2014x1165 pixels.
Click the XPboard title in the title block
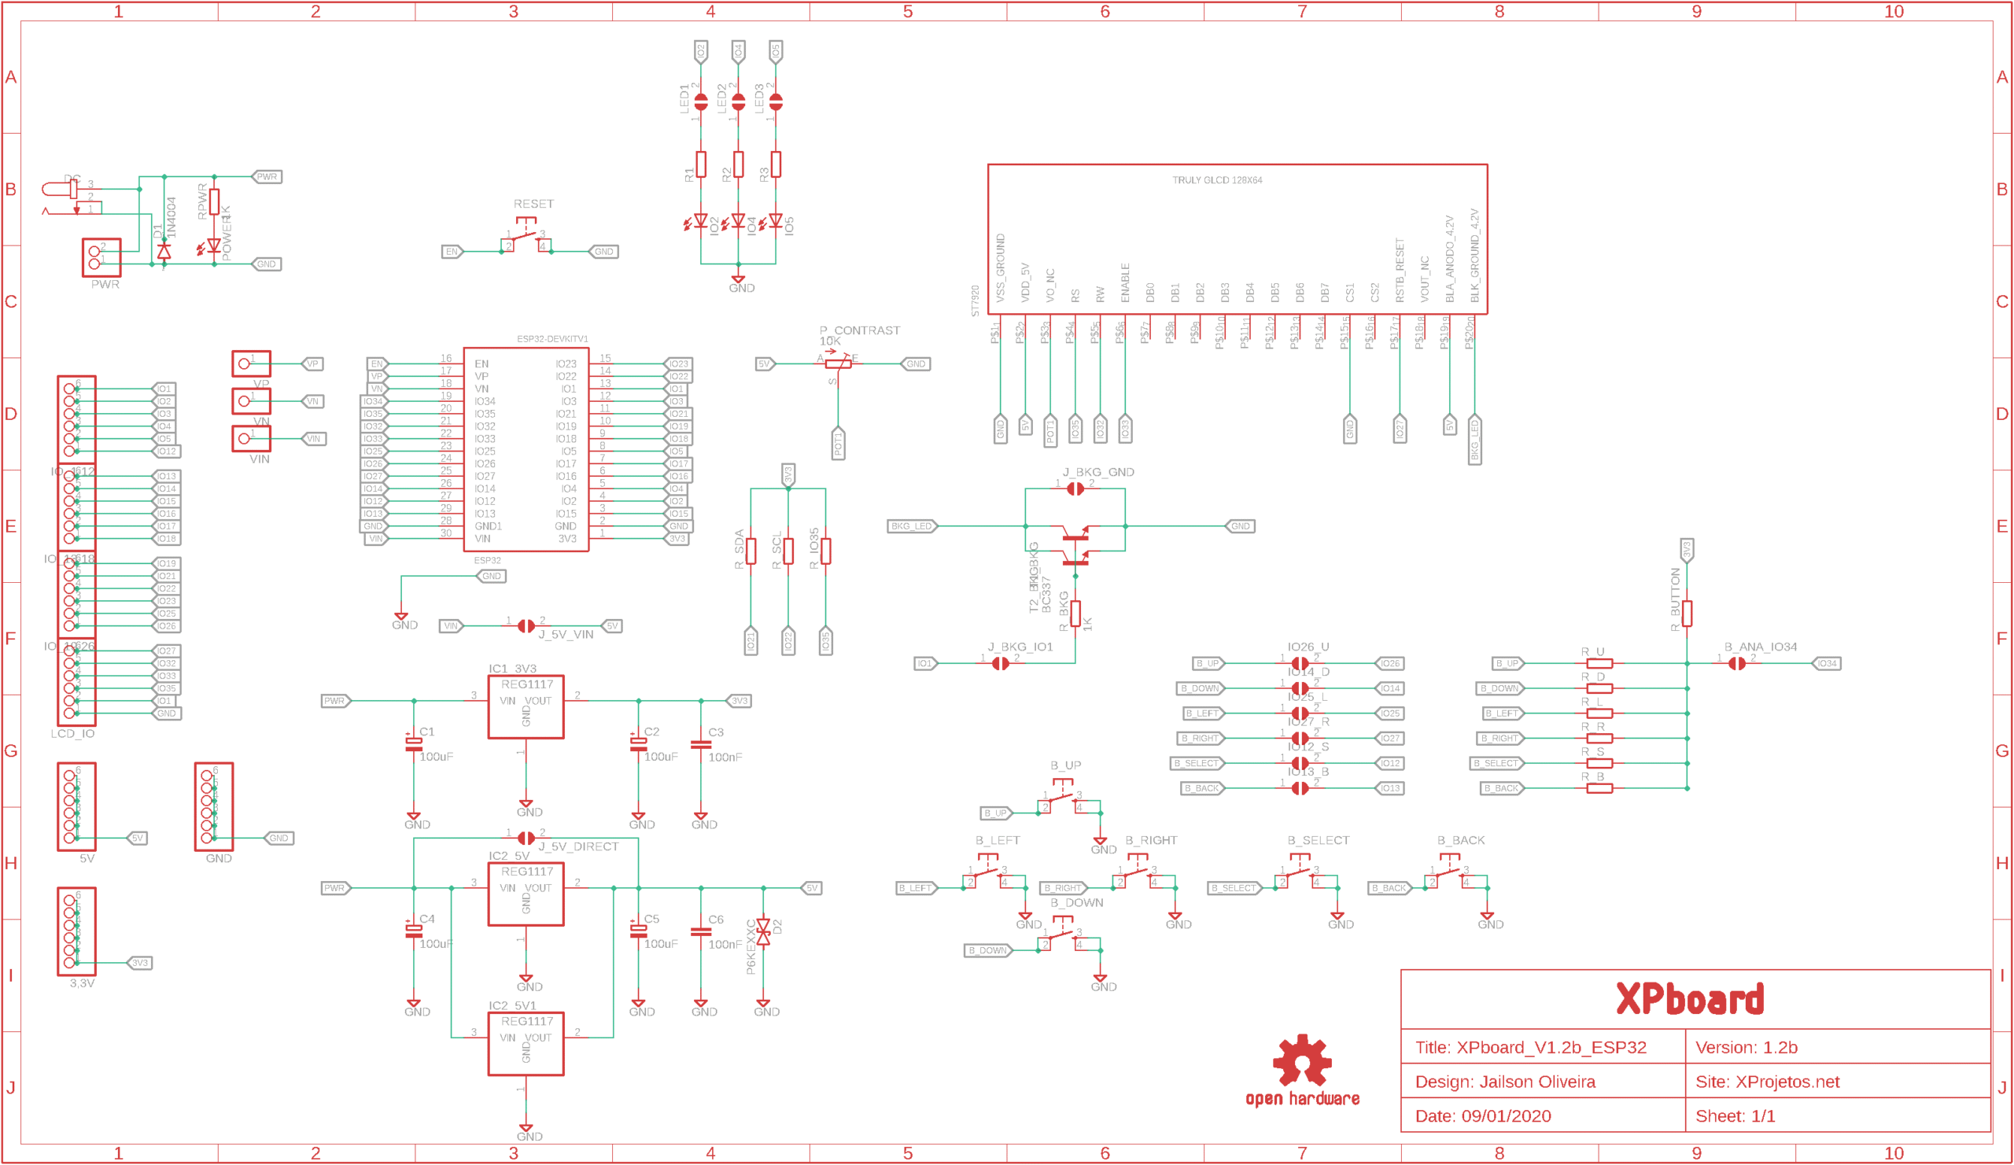coord(1690,999)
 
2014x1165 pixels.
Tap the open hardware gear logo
coord(1302,1060)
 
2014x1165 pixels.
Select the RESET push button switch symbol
coord(526,240)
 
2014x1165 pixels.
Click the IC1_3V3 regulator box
coord(526,707)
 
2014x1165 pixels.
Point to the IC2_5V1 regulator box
coord(526,1044)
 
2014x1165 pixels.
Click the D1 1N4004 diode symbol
coord(164,252)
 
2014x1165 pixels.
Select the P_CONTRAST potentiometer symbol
coord(838,363)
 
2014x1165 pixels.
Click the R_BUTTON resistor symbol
coord(1688,613)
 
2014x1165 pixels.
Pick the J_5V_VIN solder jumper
coord(526,625)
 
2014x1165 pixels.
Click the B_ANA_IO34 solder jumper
coord(1736,663)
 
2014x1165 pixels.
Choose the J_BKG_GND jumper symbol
coord(1075,488)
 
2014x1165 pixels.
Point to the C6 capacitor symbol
coord(701,931)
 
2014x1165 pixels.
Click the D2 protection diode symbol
coord(763,931)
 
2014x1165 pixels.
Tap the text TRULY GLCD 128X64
coord(1216,181)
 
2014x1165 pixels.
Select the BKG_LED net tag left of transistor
coord(911,525)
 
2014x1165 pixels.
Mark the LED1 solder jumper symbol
coord(701,102)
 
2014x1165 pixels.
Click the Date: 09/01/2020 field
coord(1482,1116)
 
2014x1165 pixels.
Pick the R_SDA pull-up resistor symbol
coord(751,551)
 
